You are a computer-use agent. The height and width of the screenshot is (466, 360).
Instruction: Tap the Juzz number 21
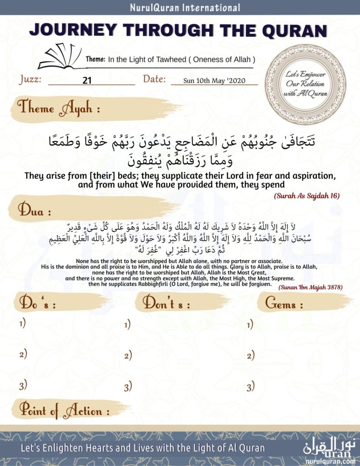point(87,81)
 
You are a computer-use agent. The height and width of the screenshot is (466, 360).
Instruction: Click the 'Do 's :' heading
point(37,304)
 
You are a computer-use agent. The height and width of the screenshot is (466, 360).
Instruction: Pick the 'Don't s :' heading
point(167,304)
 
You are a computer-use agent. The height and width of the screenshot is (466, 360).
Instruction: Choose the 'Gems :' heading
point(284,304)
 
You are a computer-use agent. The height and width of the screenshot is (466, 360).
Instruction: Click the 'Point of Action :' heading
point(64,410)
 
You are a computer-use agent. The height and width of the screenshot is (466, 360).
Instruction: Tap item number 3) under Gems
point(250,387)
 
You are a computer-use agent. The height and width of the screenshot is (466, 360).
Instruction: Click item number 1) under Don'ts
point(127,324)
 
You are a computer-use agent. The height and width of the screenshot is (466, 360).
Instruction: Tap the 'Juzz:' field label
point(31,80)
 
